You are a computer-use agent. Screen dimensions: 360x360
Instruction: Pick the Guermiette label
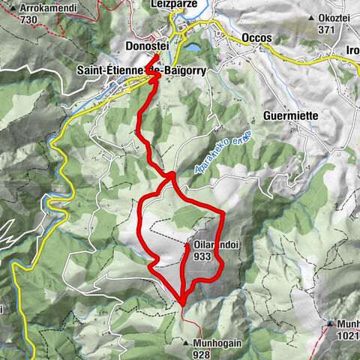coord(292,116)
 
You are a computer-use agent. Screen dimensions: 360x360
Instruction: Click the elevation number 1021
coord(347,336)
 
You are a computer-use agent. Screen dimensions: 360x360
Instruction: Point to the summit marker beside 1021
coord(330,325)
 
